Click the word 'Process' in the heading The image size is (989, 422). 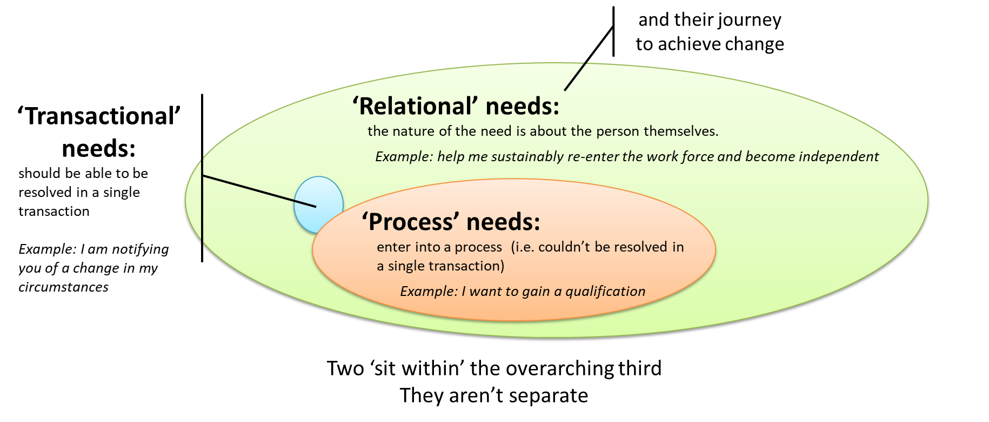click(x=410, y=222)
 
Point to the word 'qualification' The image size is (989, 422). click(x=605, y=292)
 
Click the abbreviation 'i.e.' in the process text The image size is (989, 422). click(x=523, y=247)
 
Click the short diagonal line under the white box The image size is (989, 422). click(x=575, y=76)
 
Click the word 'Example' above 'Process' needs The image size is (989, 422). click(x=404, y=157)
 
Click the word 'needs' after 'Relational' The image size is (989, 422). click(x=522, y=106)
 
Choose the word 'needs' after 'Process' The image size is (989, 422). click(x=503, y=222)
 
